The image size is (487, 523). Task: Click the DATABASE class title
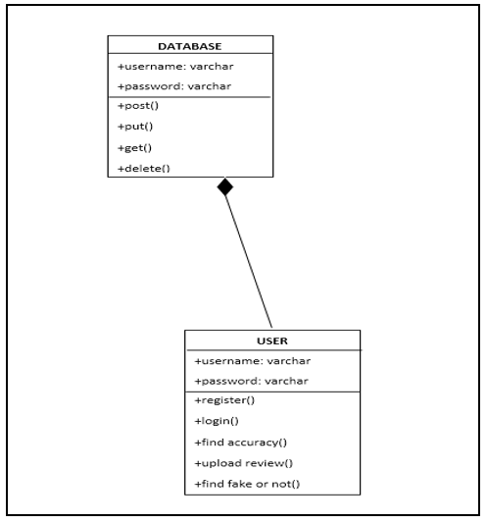click(189, 46)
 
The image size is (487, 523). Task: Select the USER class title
click(272, 340)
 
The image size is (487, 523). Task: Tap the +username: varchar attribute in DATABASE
click(175, 67)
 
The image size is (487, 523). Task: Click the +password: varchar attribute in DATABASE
click(174, 86)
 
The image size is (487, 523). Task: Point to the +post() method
click(138, 106)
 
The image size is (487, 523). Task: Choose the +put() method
click(135, 127)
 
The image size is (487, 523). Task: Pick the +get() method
click(134, 148)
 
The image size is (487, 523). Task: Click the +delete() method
click(144, 169)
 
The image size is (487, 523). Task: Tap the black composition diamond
click(225, 186)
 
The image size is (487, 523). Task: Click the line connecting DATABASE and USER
click(249, 262)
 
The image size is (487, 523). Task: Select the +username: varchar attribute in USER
click(253, 361)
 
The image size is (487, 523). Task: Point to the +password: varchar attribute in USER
click(251, 381)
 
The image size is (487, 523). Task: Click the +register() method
click(224, 400)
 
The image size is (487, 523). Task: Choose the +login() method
click(217, 421)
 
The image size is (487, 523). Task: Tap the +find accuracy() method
click(240, 443)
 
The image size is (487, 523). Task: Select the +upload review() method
click(243, 463)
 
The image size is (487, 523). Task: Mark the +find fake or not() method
click(247, 484)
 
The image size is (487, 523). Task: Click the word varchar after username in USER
click(289, 361)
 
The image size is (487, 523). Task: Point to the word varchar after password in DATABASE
click(209, 86)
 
